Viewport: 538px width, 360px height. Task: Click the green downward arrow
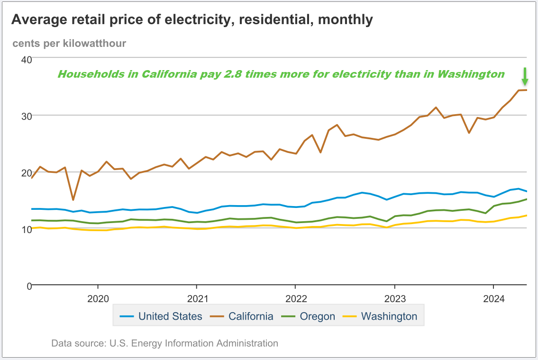click(525, 76)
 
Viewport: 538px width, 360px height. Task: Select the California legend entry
click(250, 316)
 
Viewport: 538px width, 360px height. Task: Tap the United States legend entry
click(170, 316)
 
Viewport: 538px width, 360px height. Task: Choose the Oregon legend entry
click(317, 316)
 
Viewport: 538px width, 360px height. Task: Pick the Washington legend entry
click(389, 316)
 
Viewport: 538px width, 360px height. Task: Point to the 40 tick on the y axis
click(26, 60)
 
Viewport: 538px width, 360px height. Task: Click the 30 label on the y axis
click(26, 116)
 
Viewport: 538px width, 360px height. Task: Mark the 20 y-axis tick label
click(26, 172)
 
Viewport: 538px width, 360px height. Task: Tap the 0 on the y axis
click(29, 286)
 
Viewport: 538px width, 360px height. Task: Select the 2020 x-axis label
click(98, 299)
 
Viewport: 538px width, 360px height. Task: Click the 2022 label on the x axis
click(296, 299)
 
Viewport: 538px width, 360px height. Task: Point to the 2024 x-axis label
click(493, 299)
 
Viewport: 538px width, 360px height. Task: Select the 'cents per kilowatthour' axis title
click(69, 44)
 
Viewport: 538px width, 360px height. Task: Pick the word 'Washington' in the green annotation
click(471, 74)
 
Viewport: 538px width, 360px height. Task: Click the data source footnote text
click(164, 343)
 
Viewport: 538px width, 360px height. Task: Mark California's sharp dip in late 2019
click(73, 199)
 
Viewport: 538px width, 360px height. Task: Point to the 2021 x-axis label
click(197, 299)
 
